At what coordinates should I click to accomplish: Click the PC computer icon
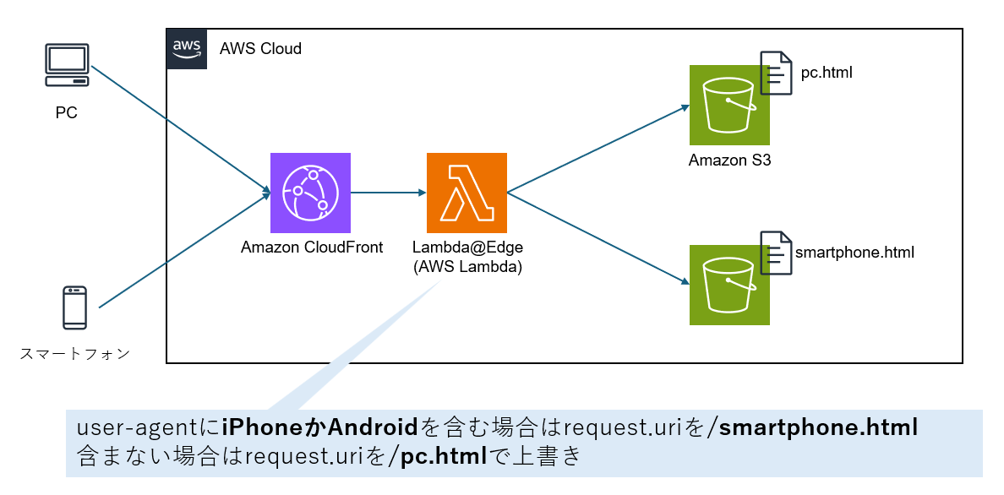tap(67, 66)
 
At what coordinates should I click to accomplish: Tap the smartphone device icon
tap(74, 307)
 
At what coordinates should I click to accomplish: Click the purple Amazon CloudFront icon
tap(310, 193)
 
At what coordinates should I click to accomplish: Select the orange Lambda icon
tap(467, 193)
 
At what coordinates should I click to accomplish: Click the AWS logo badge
tap(187, 47)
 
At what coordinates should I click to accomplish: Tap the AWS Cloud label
tap(260, 48)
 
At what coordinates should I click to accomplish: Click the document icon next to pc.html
tap(776, 73)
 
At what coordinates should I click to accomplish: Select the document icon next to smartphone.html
tap(776, 253)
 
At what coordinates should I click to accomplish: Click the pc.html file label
tap(827, 73)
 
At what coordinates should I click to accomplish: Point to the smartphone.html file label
tap(854, 252)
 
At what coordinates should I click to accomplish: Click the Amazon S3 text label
tap(729, 160)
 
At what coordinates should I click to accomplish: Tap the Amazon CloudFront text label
tap(312, 247)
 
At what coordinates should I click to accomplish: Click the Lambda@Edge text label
tap(467, 247)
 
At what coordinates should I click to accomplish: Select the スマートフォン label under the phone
tap(74, 354)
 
